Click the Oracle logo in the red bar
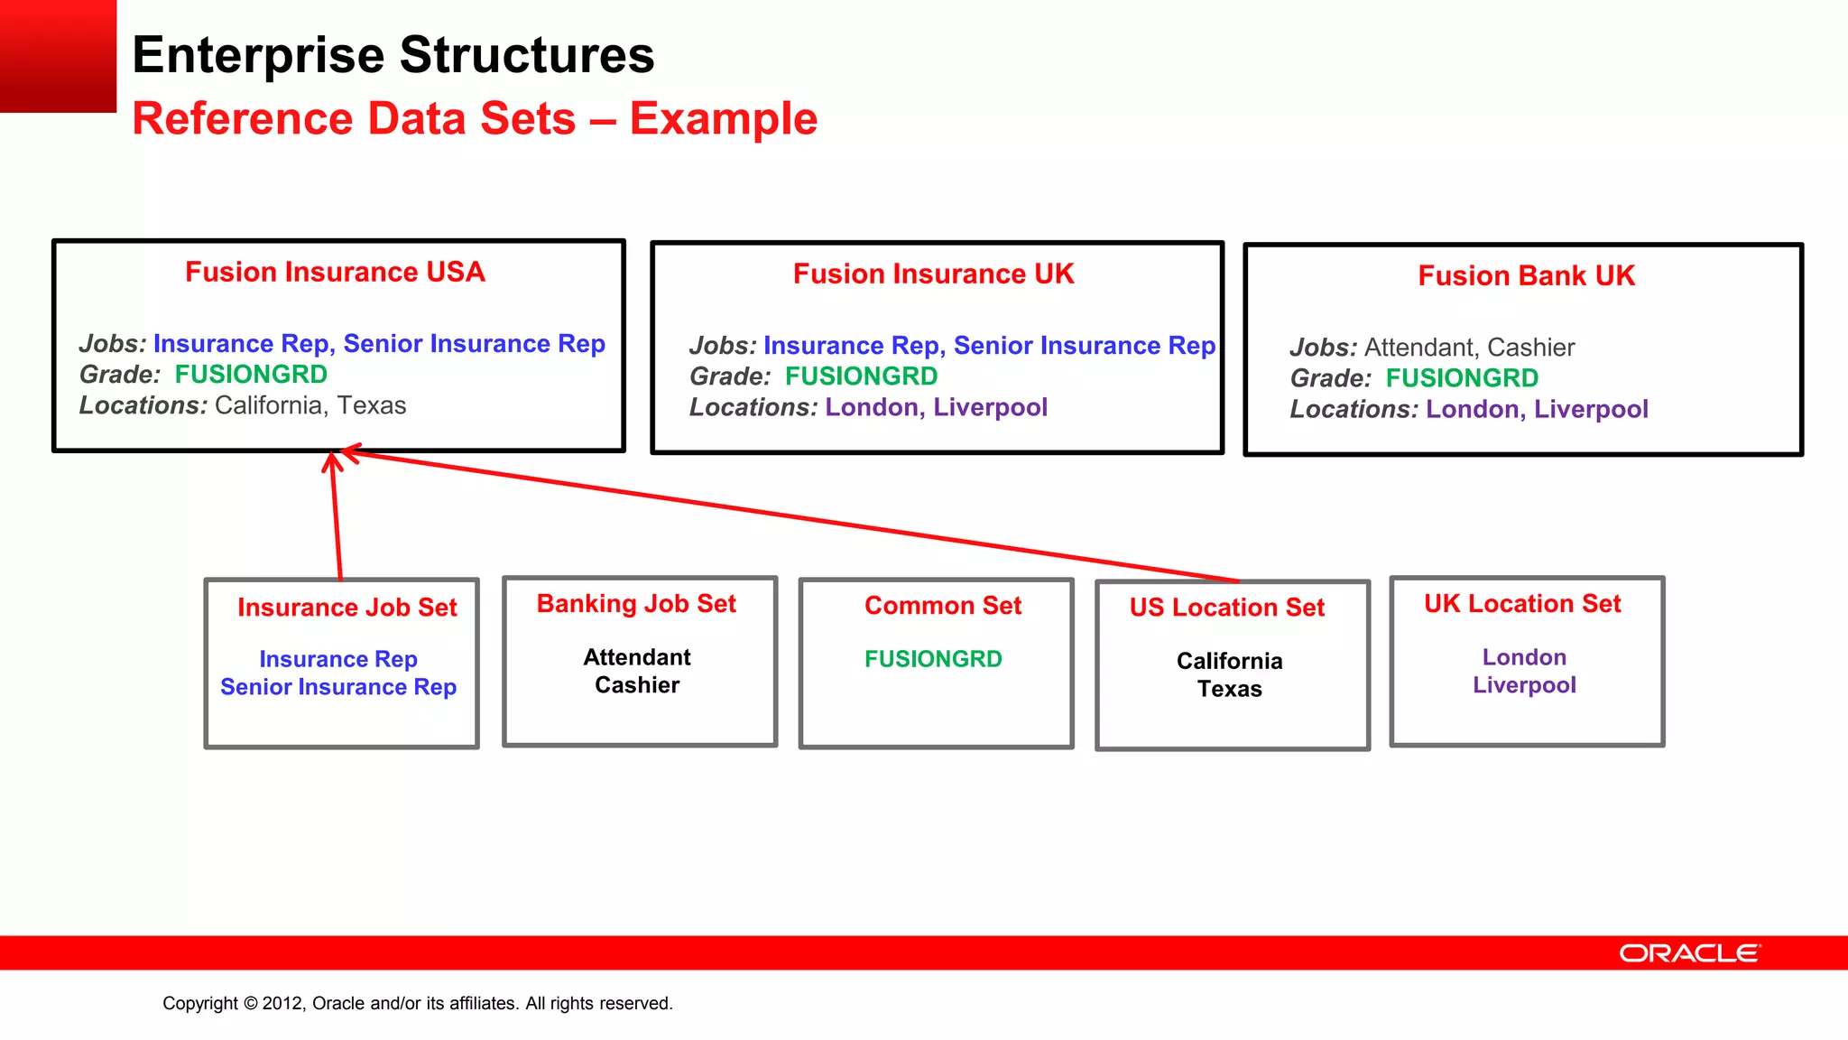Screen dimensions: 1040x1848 (x=1689, y=953)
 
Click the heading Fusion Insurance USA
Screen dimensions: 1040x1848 (x=335, y=272)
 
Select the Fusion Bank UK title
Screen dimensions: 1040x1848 (x=1526, y=275)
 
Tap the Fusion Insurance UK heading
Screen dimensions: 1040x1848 (x=933, y=274)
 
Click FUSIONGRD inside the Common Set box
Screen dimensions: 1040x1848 (x=933, y=659)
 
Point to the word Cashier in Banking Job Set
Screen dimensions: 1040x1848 (x=637, y=685)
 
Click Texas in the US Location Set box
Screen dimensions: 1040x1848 (x=1229, y=689)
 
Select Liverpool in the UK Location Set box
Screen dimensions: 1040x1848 (x=1524, y=685)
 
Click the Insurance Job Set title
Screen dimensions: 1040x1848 (x=347, y=608)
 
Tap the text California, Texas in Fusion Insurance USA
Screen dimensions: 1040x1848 (x=310, y=405)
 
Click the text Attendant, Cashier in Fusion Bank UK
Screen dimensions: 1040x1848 (x=1469, y=348)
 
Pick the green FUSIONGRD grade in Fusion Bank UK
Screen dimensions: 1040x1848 (x=1462, y=378)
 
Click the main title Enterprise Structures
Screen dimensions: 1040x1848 (x=393, y=55)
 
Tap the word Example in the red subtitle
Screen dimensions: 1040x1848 (x=723, y=119)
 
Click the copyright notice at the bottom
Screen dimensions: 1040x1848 (x=418, y=1003)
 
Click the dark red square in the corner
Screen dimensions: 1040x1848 (x=58, y=55)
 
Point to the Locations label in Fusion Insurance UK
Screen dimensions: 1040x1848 (x=753, y=407)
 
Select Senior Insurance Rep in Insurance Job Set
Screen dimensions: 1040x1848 (x=338, y=687)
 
